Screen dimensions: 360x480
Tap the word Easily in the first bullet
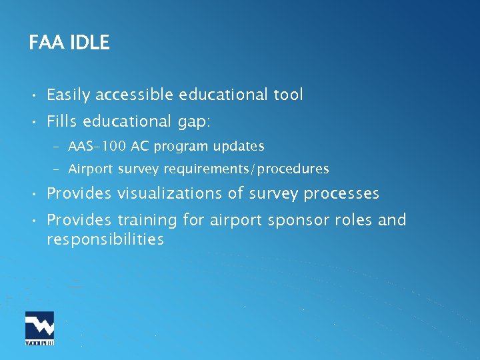(x=69, y=95)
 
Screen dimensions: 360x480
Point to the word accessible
(x=135, y=95)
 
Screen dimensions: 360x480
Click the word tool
(x=288, y=95)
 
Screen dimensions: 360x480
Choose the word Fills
(x=61, y=121)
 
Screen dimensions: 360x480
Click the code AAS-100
(x=97, y=146)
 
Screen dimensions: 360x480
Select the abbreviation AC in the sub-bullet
(x=140, y=146)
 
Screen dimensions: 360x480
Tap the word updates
(x=239, y=146)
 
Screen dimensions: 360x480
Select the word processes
(x=341, y=194)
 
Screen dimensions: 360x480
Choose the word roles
(x=351, y=220)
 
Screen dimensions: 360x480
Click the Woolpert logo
(x=39, y=328)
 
